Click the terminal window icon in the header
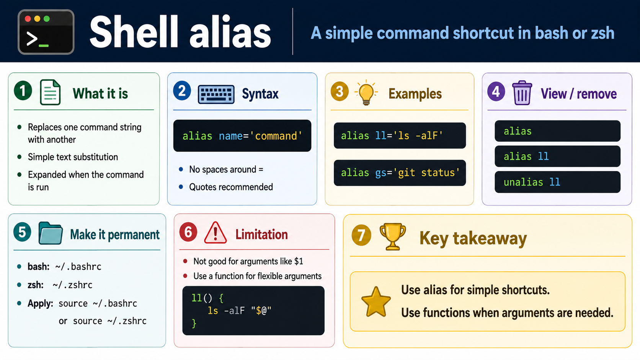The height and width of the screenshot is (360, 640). tap(46, 32)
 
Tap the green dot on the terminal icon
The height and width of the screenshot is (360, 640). tap(47, 19)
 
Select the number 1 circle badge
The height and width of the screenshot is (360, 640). tap(23, 91)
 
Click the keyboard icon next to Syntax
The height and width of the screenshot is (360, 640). tap(216, 94)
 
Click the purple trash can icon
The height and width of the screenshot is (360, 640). tap(522, 93)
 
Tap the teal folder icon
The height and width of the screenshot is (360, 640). tap(51, 233)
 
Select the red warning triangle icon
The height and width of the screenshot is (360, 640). tap(216, 233)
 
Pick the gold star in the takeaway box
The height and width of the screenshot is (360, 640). tap(376, 302)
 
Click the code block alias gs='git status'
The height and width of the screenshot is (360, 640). tap(400, 173)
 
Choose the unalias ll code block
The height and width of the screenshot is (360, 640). tap(557, 182)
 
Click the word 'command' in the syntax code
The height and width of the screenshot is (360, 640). tap(276, 136)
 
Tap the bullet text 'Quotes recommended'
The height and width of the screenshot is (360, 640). tap(231, 187)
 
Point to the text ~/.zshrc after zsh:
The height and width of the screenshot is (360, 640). tap(73, 285)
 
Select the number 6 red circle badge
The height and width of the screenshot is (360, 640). tap(188, 232)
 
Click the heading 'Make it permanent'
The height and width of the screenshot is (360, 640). tap(114, 235)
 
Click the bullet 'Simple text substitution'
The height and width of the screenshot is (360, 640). tap(73, 157)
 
